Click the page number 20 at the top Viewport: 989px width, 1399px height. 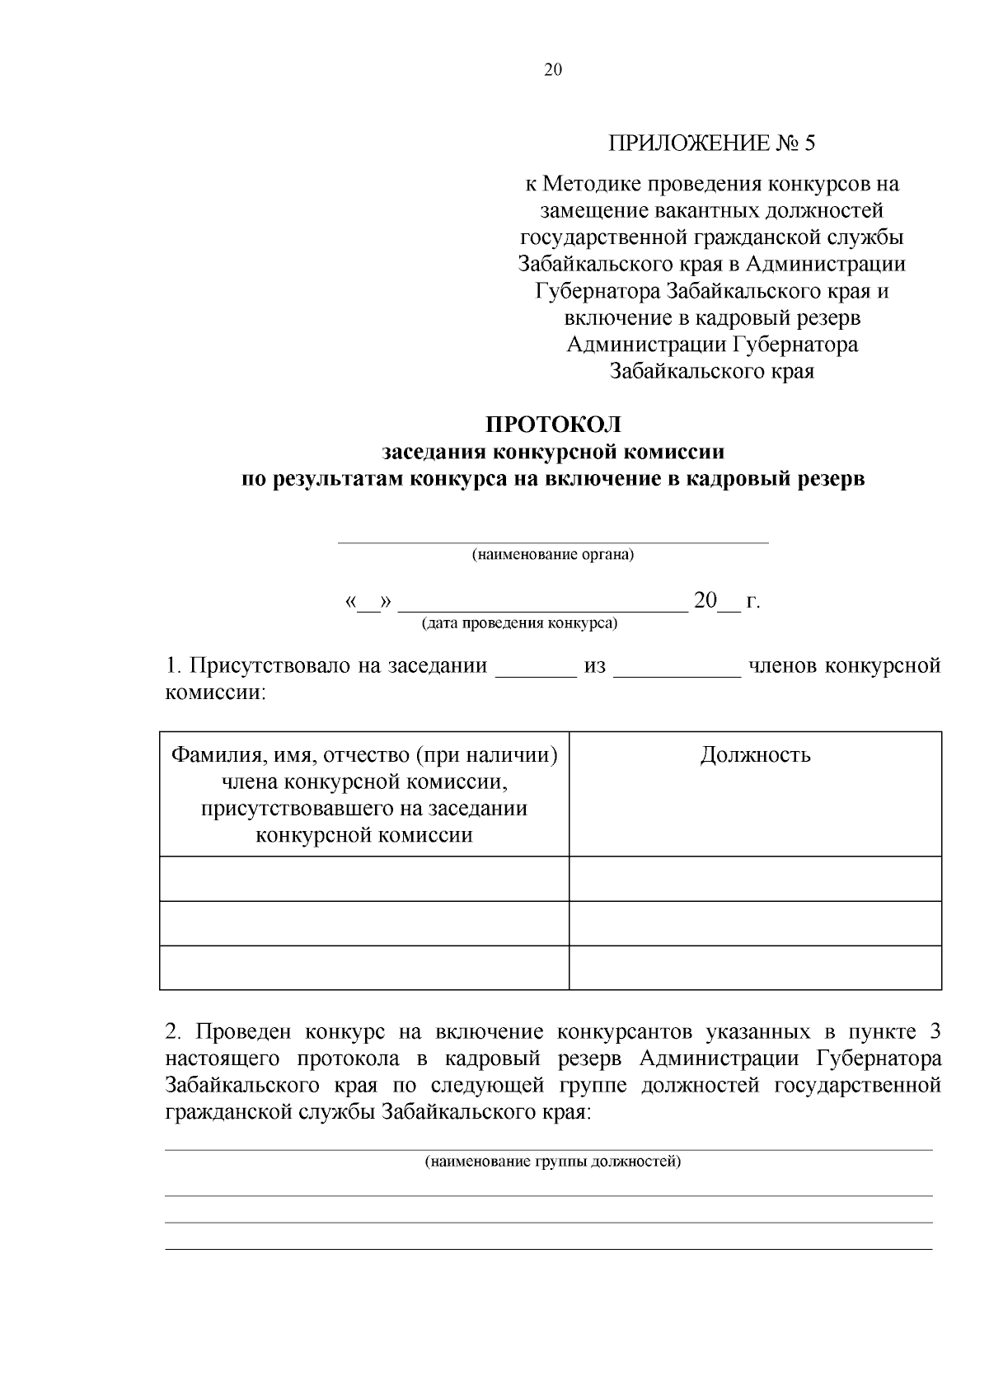pyautogui.click(x=552, y=70)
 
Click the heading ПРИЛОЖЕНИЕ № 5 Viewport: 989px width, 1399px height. pyautogui.click(x=711, y=143)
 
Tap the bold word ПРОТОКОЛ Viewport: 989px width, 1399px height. pyautogui.click(x=553, y=425)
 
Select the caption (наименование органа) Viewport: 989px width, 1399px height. pyautogui.click(x=552, y=555)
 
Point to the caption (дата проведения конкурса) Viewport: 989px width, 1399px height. pyautogui.click(x=519, y=623)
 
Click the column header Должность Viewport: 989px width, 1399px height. pyautogui.click(x=755, y=755)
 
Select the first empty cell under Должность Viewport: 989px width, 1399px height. pyautogui.click(x=755, y=878)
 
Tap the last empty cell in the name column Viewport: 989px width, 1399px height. pyautogui.click(x=363, y=967)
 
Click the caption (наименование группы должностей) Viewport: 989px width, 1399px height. pyautogui.click(x=552, y=1162)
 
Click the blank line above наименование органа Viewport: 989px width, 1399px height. pyautogui.click(x=552, y=542)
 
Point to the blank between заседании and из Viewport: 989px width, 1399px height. pyautogui.click(x=536, y=674)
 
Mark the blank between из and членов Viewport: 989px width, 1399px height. pyautogui.click(x=677, y=674)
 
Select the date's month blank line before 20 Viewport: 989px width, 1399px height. pyautogui.click(x=542, y=611)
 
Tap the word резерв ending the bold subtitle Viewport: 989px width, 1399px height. pyautogui.click(x=827, y=478)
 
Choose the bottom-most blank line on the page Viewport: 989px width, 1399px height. pyautogui.click(x=549, y=1249)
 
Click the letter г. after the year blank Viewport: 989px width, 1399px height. pyautogui.click(x=752, y=602)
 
